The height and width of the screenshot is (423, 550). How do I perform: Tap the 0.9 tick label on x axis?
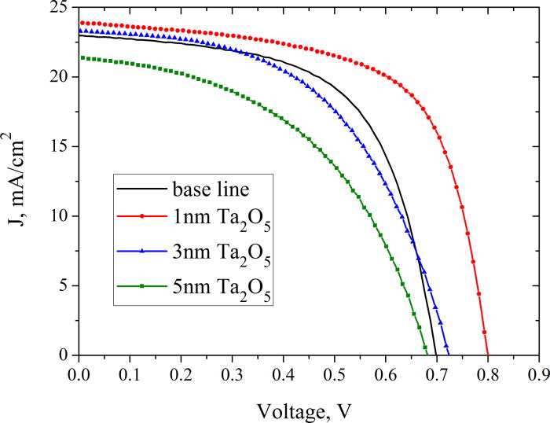538,370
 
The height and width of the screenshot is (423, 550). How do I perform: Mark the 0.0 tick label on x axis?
79,370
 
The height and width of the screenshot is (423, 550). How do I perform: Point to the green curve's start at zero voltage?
79,57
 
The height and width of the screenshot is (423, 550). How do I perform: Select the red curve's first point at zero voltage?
79,23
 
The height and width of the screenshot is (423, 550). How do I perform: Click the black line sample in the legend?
141,189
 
